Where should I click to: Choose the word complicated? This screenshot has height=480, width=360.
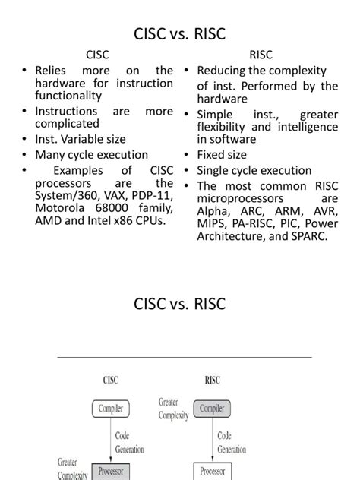click(x=67, y=122)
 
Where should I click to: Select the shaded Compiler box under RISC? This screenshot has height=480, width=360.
click(x=211, y=409)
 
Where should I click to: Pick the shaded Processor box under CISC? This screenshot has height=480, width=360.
click(x=112, y=471)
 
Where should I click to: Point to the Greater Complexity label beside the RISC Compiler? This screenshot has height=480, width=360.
click(x=173, y=409)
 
